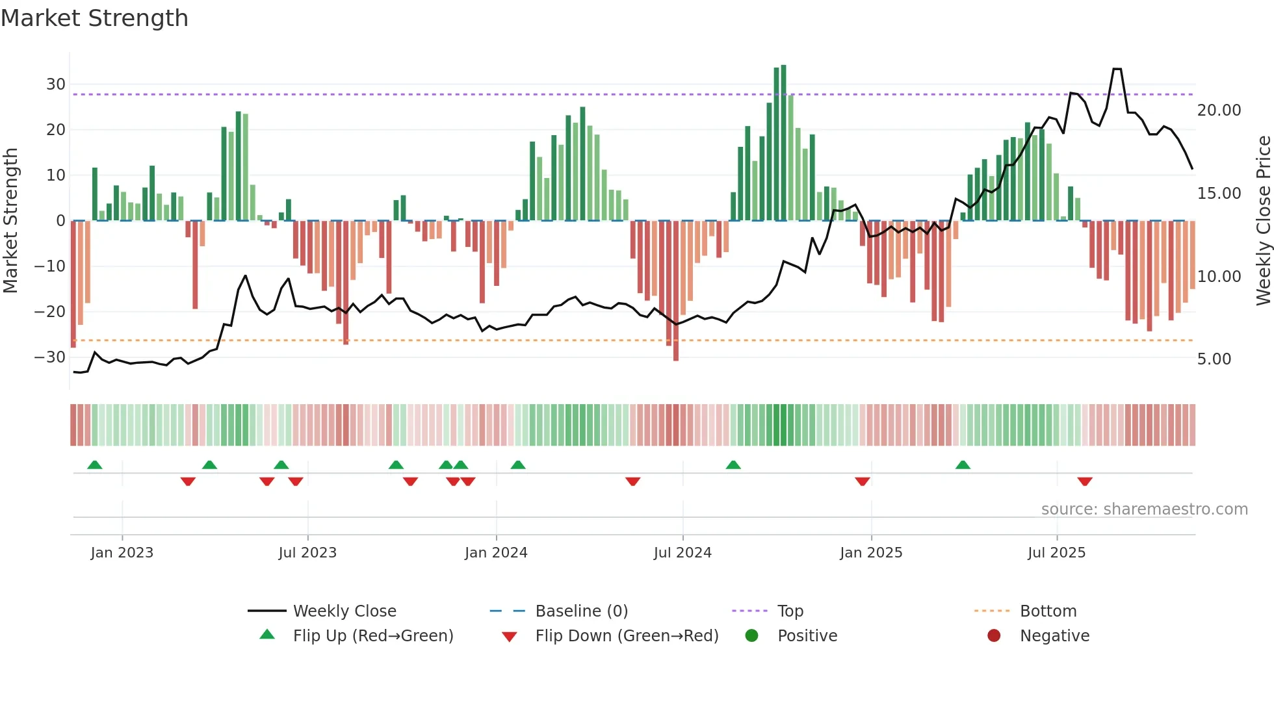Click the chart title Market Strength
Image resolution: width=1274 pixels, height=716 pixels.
(x=94, y=18)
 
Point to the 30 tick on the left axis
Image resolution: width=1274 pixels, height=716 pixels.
(x=55, y=84)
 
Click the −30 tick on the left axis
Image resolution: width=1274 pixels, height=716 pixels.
(x=50, y=357)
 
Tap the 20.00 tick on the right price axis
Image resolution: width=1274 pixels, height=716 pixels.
(x=1219, y=110)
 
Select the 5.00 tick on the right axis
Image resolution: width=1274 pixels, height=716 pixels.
(x=1214, y=359)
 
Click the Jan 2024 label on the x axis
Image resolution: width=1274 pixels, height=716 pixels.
(x=496, y=553)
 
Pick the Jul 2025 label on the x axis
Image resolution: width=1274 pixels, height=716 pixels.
(x=1056, y=553)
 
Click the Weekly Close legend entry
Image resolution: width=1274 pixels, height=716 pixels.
(x=344, y=611)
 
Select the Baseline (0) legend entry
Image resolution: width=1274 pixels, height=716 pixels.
(x=581, y=611)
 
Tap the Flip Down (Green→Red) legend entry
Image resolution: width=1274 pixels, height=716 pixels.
(x=627, y=636)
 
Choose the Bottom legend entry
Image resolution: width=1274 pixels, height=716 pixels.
(x=1048, y=611)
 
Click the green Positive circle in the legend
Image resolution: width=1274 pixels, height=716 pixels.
(x=751, y=636)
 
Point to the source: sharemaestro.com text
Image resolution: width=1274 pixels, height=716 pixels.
(x=1144, y=509)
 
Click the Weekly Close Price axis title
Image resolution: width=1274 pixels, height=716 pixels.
(x=1263, y=221)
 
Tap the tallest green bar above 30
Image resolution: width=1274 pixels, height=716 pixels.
(x=783, y=143)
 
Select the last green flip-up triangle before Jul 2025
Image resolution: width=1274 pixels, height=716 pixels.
(x=963, y=465)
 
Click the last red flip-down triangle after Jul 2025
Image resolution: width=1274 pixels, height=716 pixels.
(x=1084, y=481)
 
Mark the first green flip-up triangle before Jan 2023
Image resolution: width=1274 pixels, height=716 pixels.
(x=95, y=465)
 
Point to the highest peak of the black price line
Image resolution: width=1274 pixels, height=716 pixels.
(x=1117, y=69)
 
